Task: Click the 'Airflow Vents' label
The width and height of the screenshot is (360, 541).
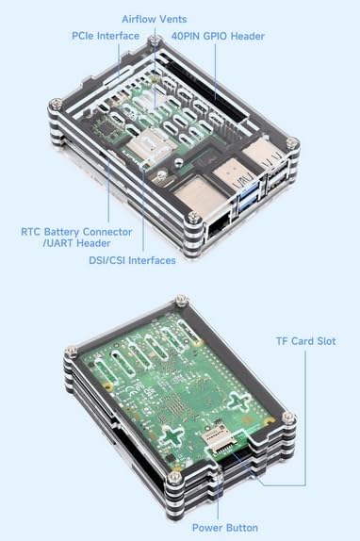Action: [x=155, y=19]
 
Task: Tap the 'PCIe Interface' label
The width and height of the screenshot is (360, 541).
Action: [x=106, y=36]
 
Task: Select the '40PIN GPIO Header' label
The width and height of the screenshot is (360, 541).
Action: [x=218, y=36]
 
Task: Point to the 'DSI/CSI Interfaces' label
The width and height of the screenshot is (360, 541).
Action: [x=133, y=260]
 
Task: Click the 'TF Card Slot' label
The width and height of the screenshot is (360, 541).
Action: [x=306, y=341]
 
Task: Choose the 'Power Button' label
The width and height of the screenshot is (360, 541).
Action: [x=225, y=528]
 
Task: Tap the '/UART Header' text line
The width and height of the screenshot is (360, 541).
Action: [x=76, y=243]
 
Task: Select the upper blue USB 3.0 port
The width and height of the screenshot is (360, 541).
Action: [x=248, y=190]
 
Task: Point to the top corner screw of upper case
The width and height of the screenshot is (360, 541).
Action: [x=155, y=41]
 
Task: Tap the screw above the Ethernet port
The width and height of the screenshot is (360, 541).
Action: [x=194, y=217]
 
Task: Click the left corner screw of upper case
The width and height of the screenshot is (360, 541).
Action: [x=56, y=104]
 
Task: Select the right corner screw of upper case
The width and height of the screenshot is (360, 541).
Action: [x=292, y=142]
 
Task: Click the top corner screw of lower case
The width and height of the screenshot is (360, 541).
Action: [x=181, y=300]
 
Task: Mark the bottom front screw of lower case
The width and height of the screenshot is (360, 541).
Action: [x=174, y=478]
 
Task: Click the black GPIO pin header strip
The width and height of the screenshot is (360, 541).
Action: [x=207, y=90]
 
